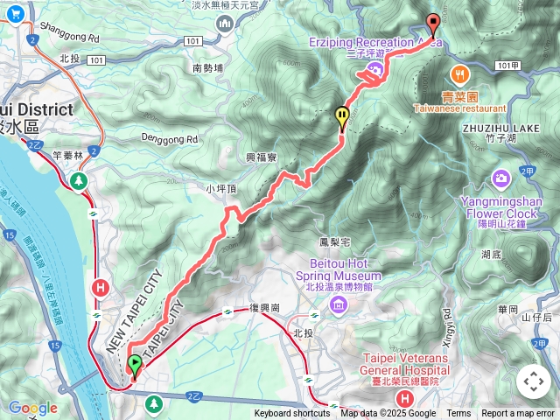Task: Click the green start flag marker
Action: [135, 365]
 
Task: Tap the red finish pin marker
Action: [432, 24]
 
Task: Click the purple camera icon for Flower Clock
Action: [500, 179]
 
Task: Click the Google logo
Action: [33, 408]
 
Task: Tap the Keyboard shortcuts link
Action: [292, 414]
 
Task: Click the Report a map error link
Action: [518, 414]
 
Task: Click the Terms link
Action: [458, 414]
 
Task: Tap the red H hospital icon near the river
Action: [101, 287]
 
